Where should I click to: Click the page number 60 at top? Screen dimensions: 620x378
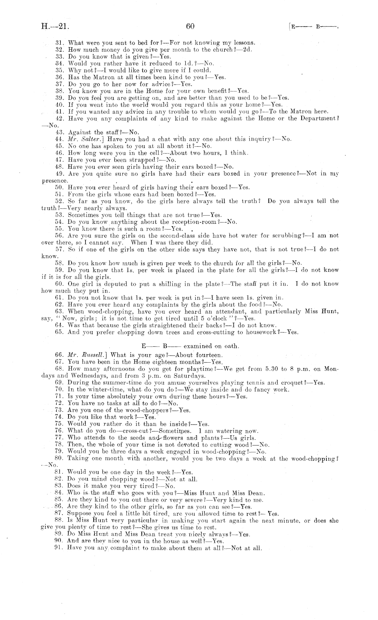190,26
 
